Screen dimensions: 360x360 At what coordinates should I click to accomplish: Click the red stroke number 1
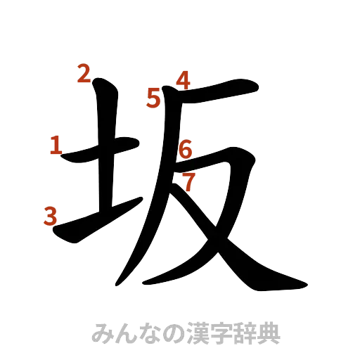point(55,146)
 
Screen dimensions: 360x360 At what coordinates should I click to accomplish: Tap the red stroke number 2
point(84,73)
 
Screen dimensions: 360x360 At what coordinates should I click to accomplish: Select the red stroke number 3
point(49,216)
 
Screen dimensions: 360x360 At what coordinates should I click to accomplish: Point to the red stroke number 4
point(184,80)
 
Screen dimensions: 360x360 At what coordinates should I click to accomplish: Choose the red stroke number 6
point(186,149)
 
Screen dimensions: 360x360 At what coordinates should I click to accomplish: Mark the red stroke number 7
point(188,181)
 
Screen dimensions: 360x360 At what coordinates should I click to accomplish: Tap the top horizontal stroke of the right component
point(211,92)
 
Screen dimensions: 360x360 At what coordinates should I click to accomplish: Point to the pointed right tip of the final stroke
point(305,285)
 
